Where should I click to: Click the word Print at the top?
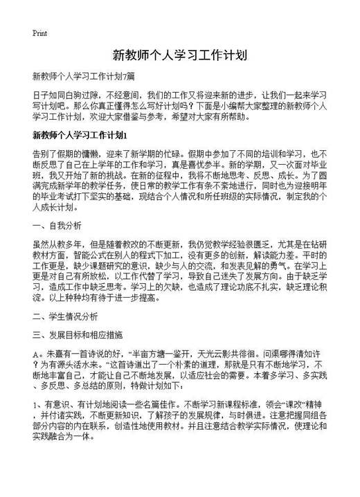(39, 33)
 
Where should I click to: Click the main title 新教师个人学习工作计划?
(179, 55)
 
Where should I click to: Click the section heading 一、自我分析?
(57, 226)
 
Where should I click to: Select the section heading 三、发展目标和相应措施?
(78, 333)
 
